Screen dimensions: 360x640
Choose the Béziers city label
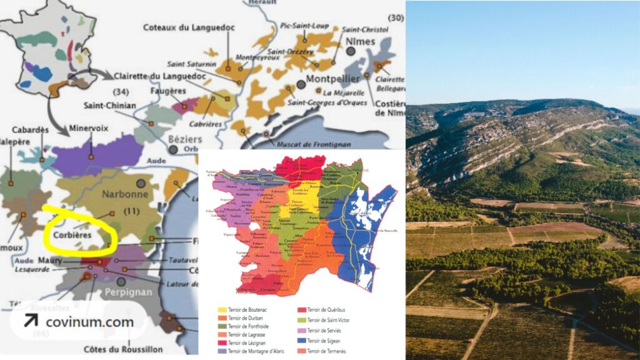(188, 138)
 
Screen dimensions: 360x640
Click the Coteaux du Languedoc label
(187, 27)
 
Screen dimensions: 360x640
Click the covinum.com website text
(89, 322)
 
